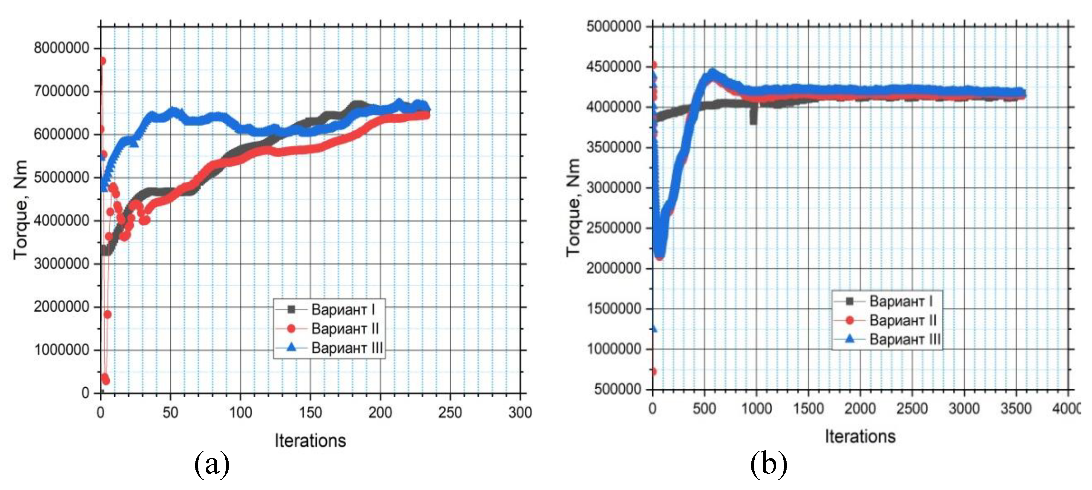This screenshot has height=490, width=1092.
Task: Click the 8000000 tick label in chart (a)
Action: [61, 48]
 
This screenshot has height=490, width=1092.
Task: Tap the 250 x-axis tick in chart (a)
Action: [450, 412]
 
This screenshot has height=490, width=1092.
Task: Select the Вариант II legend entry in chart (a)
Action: [344, 329]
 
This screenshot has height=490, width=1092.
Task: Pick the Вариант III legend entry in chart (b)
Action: [904, 339]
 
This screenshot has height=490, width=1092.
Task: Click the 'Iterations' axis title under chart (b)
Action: [860, 436]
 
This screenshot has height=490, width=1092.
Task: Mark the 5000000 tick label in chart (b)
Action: [613, 26]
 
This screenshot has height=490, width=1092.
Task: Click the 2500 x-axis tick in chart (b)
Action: [912, 409]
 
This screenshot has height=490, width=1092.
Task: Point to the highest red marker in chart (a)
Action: [102, 61]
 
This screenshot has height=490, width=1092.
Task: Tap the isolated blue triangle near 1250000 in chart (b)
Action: [653, 329]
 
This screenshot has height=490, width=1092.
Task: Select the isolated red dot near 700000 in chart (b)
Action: [653, 372]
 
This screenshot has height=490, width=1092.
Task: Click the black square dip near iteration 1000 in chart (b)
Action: [753, 117]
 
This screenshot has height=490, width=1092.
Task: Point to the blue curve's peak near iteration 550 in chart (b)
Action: [712, 73]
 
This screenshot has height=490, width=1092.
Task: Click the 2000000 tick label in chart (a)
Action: [61, 307]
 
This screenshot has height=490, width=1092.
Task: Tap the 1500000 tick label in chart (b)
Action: [613, 309]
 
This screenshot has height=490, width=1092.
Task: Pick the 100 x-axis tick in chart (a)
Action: [240, 412]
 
